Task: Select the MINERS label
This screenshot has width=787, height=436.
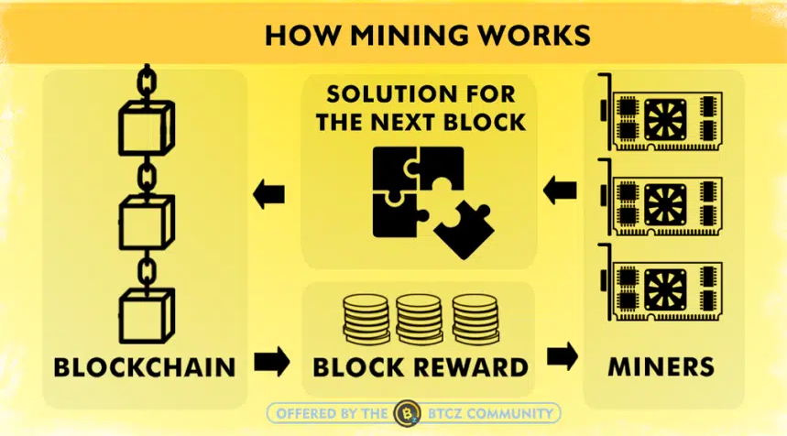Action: (661, 367)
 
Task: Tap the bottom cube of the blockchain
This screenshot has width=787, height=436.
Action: (144, 311)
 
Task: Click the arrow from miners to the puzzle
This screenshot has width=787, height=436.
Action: (559, 192)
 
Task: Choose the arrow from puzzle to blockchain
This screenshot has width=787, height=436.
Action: (269, 194)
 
